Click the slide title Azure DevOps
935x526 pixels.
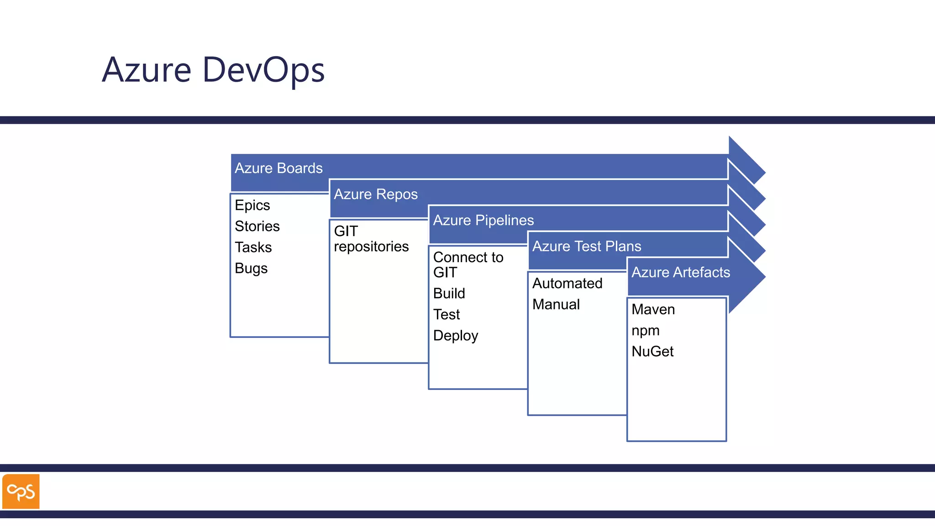[213, 70]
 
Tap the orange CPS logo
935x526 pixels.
[21, 491]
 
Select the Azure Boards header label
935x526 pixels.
[278, 168]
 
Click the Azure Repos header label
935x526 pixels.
[376, 195]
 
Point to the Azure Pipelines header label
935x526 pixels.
[483, 221]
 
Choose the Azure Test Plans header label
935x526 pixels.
[587, 247]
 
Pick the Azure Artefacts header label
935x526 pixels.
[681, 273]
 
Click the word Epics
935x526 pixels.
[252, 205]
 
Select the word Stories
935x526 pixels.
[257, 226]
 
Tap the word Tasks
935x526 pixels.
[253, 247]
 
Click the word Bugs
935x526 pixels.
[251, 268]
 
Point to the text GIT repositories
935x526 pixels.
[371, 239]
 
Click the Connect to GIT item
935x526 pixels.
[467, 265]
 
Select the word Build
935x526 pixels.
[449, 294]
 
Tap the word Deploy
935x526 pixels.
[455, 336]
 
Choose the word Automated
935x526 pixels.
[567, 284]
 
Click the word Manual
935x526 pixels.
[556, 305]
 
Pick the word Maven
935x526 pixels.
[653, 310]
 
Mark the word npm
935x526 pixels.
[645, 331]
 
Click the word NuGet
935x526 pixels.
[652, 352]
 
